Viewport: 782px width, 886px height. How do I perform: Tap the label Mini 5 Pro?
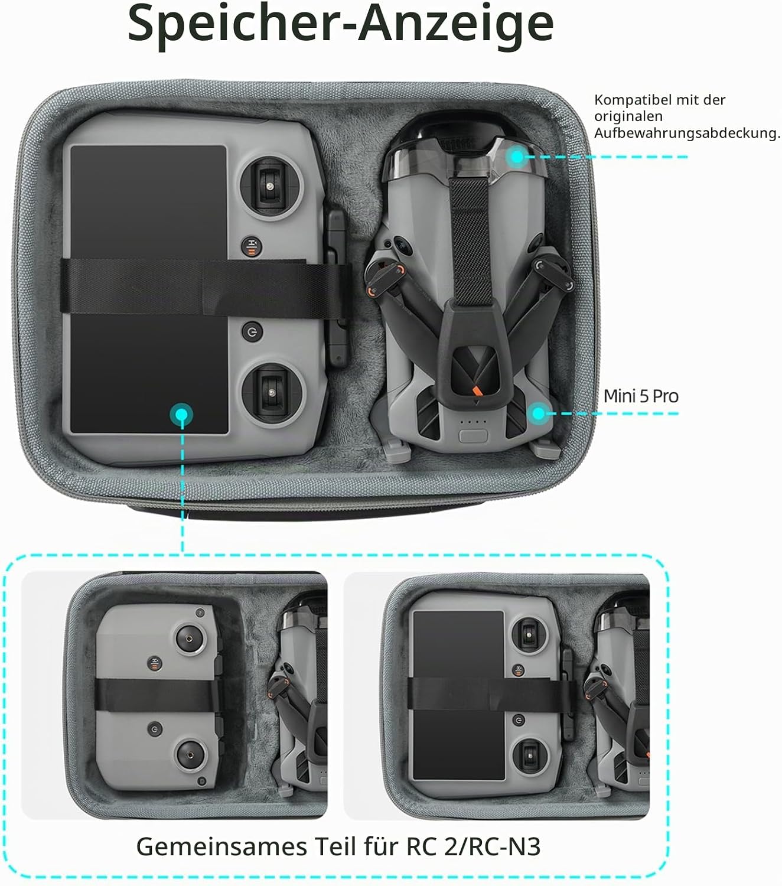click(x=641, y=396)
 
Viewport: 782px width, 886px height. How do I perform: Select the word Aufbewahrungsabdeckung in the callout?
click(x=685, y=132)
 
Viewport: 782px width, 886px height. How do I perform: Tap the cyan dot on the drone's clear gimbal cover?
click(x=517, y=157)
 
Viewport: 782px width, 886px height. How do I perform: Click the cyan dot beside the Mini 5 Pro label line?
click(x=539, y=413)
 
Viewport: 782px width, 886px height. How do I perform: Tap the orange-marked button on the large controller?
click(x=252, y=247)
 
